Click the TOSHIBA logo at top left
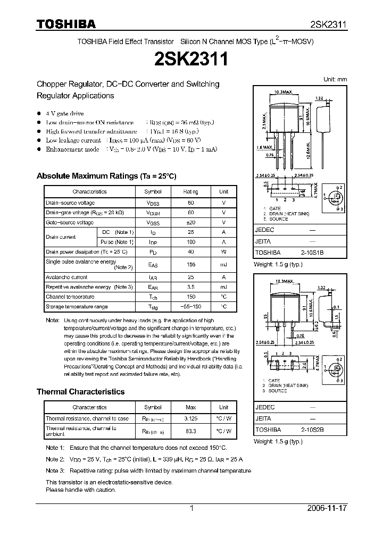click(66, 24)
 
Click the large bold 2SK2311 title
click(191, 58)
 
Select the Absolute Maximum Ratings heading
click(106, 176)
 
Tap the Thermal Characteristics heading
click(80, 392)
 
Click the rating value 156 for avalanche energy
click(190, 265)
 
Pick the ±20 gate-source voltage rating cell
click(190, 222)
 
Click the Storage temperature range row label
click(77, 307)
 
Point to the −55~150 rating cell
click(190, 307)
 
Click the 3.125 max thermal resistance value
click(190, 418)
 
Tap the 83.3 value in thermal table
click(190, 431)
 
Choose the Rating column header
click(190, 192)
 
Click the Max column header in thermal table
click(190, 407)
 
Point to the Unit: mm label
click(335, 79)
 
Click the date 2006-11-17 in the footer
click(327, 508)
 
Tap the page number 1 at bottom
click(192, 508)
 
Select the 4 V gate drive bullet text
click(64, 114)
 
